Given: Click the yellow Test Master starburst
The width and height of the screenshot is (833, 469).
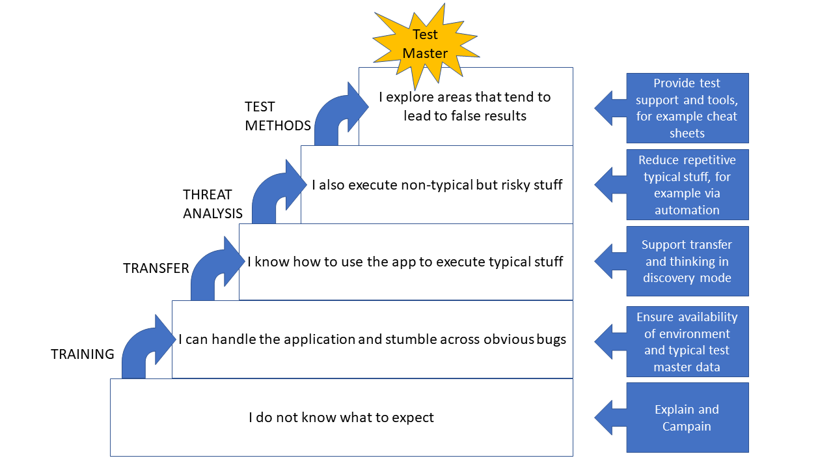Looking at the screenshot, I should click(x=425, y=44).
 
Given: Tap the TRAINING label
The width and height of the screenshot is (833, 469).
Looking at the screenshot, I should click(x=83, y=354).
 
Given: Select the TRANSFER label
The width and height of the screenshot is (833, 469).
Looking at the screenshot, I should click(x=156, y=268).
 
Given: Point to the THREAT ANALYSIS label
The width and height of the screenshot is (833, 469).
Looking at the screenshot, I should click(x=213, y=204).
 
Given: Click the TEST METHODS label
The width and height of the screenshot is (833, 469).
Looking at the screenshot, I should click(x=277, y=116).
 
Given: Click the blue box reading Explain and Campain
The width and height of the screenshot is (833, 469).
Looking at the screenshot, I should click(x=687, y=418).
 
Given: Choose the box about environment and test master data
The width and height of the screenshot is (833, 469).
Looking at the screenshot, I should click(x=687, y=341).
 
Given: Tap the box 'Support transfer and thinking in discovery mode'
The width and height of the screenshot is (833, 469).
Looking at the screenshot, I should click(x=687, y=261).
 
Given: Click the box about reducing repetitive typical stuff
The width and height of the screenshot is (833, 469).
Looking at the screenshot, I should click(x=687, y=184).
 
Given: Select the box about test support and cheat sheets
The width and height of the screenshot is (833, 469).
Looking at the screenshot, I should click(x=687, y=107).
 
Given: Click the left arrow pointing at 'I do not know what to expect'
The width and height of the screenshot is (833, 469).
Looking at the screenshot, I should click(x=610, y=418).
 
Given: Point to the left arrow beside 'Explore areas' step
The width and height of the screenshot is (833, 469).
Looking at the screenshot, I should click(x=610, y=107).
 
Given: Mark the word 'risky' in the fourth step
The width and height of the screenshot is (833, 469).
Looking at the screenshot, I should click(x=517, y=185).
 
